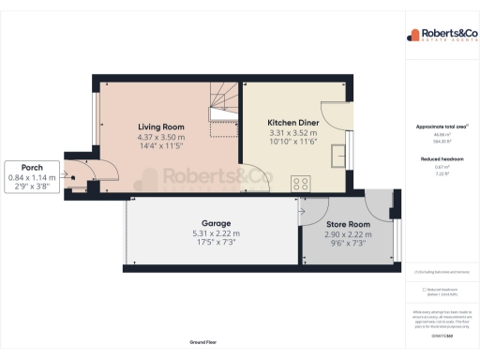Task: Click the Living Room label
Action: coord(161,127)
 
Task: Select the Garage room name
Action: coord(217,225)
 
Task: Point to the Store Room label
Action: coord(347,225)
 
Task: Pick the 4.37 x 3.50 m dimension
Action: coord(161,138)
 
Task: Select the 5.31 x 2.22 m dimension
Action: coord(217,234)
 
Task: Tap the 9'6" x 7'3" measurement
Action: coord(347,244)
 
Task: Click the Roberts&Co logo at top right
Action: coord(441,36)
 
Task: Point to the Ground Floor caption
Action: coord(202,343)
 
